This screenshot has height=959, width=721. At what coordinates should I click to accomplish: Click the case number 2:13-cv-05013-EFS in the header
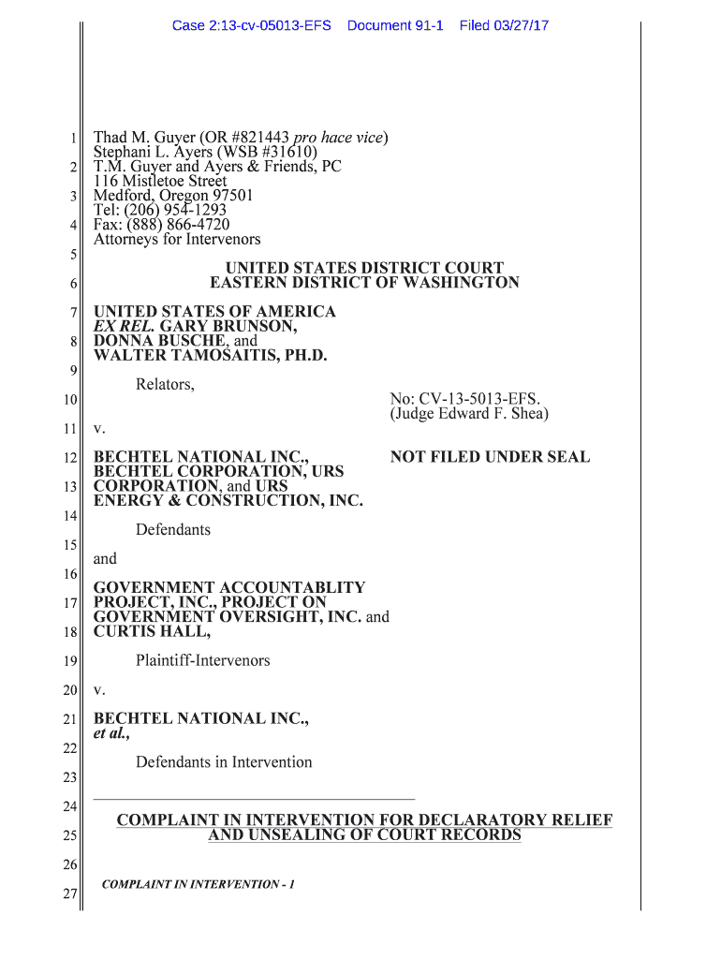coord(251,25)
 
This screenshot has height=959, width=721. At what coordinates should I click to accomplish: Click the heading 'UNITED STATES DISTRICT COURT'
coord(364,268)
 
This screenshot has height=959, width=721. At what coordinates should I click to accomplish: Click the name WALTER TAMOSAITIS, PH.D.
coord(211,355)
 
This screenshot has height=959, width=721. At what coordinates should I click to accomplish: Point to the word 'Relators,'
coord(165,384)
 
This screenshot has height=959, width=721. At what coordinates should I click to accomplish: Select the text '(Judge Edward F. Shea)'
coord(469,413)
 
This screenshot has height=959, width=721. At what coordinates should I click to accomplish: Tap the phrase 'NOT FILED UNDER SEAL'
coord(490,457)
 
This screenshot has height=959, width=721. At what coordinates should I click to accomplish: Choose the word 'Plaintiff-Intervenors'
coord(202,660)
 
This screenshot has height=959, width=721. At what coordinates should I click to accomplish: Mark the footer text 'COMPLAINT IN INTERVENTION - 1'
coord(198,884)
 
